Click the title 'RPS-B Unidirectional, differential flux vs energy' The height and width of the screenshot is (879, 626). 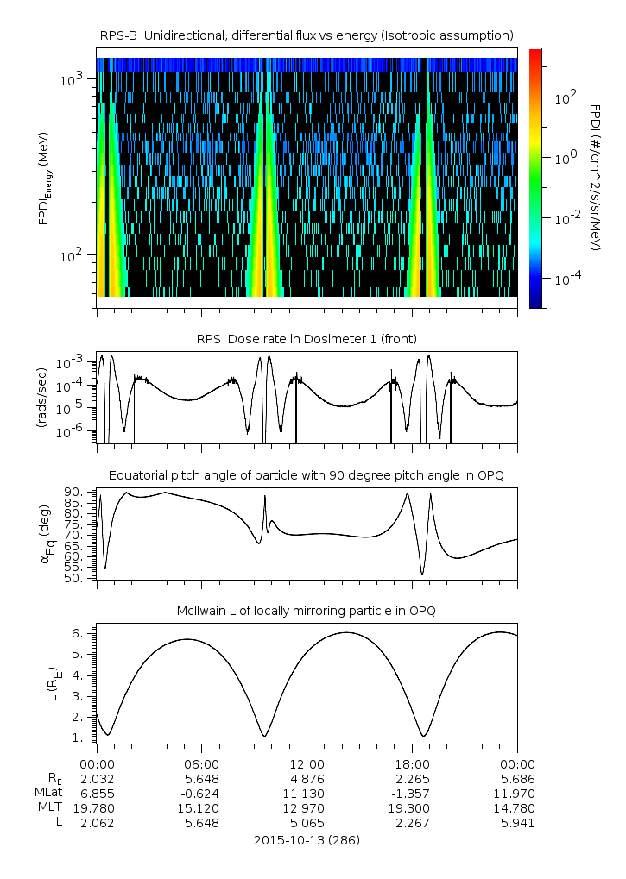click(307, 35)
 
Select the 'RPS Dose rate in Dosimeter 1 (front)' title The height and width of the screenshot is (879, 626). click(307, 339)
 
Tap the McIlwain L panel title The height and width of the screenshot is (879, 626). click(307, 611)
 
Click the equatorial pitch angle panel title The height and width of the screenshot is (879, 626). click(307, 475)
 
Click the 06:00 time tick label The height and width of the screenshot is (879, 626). click(202, 763)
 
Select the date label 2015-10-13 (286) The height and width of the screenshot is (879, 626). click(307, 839)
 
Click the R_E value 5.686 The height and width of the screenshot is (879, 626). click(517, 778)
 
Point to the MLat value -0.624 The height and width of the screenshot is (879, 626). click(202, 794)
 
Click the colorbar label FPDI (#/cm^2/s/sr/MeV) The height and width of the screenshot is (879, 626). click(596, 178)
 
